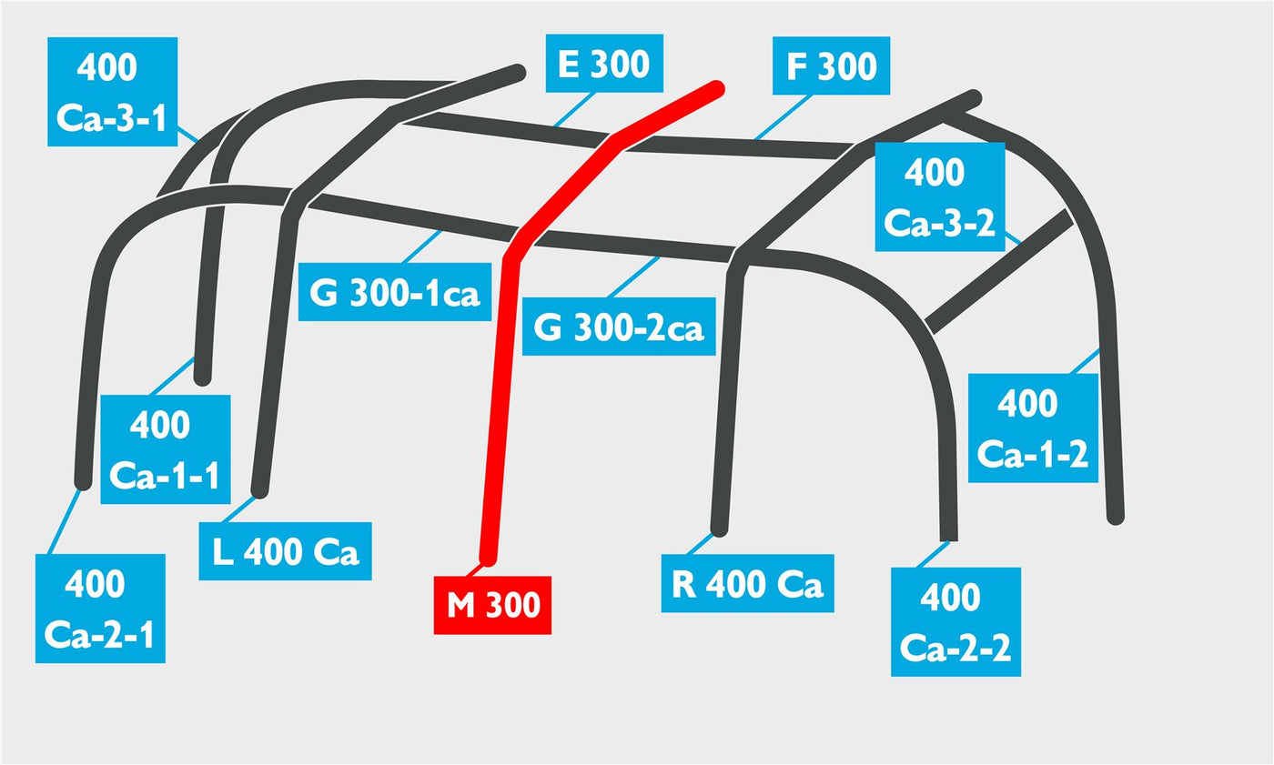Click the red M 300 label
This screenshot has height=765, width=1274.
coord(492,605)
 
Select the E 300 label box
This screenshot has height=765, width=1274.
coord(604,63)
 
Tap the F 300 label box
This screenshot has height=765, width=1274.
coord(832,65)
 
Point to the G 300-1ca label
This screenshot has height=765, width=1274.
coord(395,292)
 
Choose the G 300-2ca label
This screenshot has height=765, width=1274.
coord(619,327)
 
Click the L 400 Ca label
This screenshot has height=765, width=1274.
coord(286,551)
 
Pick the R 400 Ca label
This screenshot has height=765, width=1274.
coord(748,583)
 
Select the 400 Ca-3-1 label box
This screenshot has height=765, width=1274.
coord(113,92)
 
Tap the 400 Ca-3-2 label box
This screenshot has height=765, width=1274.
coord(940,196)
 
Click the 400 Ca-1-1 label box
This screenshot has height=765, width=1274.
coord(166,449)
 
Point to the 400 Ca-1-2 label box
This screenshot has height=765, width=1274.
coord(1034,428)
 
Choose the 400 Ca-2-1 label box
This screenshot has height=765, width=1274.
coord(101,609)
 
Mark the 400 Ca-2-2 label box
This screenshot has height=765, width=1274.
coord(956,622)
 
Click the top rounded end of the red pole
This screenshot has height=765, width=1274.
coord(717,88)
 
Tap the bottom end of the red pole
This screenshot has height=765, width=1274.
coord(488,559)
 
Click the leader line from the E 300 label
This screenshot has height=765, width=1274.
coord(574,109)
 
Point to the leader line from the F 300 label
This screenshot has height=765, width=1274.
coord(783,116)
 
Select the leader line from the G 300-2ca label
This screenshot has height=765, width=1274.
coord(633,277)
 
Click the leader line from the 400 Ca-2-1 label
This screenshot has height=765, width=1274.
coord(65,522)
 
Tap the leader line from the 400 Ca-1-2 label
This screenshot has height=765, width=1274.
coord(1085,361)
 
